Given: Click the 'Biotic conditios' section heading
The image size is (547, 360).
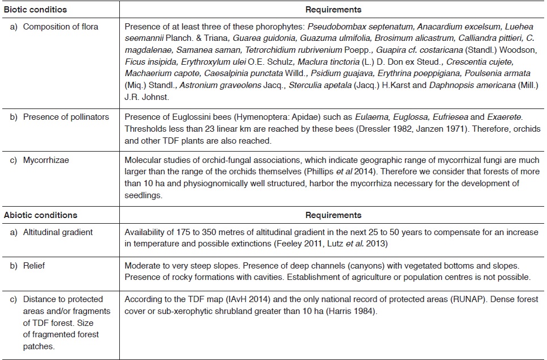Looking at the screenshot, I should pos(35,10).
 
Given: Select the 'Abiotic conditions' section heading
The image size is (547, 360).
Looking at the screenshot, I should pos(40,215).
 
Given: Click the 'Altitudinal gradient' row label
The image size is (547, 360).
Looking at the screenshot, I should pos(58,232).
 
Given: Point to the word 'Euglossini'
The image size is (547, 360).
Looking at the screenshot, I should pos(179,117).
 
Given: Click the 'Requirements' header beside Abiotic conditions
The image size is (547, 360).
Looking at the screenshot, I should pos(333,215).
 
